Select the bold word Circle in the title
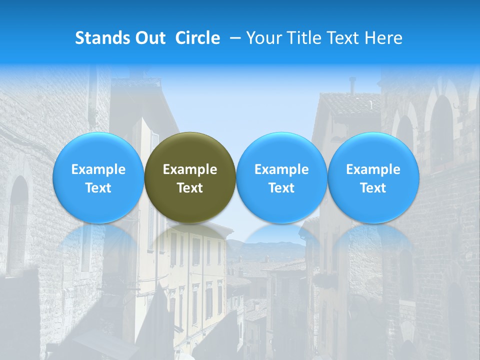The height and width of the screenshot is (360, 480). (197, 38)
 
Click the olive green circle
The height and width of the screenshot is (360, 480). (190, 178)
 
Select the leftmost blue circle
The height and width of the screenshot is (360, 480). (98, 178)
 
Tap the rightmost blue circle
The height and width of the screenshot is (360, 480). (373, 178)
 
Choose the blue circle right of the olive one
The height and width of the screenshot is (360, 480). (281, 178)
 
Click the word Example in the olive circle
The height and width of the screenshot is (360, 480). (190, 169)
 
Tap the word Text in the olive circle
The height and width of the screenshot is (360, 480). (190, 188)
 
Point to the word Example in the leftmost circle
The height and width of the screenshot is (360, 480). (98, 169)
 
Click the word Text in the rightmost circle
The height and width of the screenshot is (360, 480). (373, 188)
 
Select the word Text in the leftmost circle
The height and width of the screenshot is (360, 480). (98, 188)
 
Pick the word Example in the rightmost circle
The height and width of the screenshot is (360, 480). (373, 169)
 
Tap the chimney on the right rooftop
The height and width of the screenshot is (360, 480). (352, 86)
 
